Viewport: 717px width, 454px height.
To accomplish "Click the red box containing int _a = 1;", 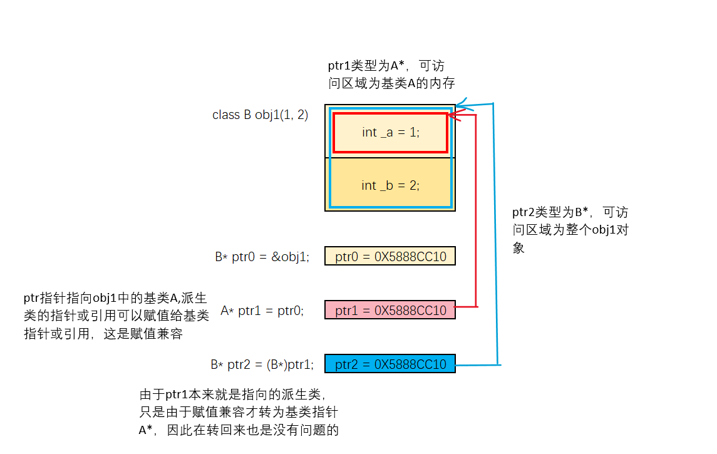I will pyautogui.click(x=390, y=132).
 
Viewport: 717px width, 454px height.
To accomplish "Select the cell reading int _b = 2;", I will pyautogui.click(x=390, y=185).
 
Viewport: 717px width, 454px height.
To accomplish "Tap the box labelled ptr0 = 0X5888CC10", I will pyautogui.click(x=390, y=256).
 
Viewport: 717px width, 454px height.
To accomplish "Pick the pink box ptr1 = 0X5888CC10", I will pyautogui.click(x=390, y=310).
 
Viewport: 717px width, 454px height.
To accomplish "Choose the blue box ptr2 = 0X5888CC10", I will pyautogui.click(x=390, y=364).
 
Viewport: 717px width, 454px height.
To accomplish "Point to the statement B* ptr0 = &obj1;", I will pyautogui.click(x=262, y=257).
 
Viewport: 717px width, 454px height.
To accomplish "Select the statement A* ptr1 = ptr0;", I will pyautogui.click(x=262, y=311).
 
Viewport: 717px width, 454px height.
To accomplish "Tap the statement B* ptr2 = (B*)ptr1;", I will pyautogui.click(x=262, y=364).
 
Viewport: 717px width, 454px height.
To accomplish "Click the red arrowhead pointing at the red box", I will pyautogui.click(x=456, y=115).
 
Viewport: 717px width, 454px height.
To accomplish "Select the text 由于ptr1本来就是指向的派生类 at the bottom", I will pyautogui.click(x=232, y=395).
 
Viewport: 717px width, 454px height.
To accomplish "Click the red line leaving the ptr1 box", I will pyautogui.click(x=467, y=306).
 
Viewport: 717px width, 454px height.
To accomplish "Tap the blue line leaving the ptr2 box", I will pyautogui.click(x=477, y=364).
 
